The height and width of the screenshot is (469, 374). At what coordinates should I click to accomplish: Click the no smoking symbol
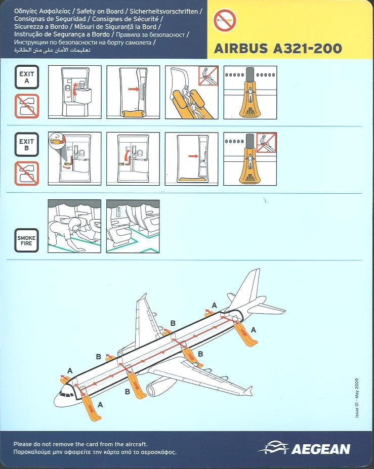(x=225, y=20)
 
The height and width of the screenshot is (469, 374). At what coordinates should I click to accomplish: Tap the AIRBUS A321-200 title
(x=278, y=49)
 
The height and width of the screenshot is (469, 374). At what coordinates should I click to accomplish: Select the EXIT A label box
(x=27, y=77)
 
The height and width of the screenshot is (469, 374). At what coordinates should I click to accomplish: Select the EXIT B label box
(x=27, y=145)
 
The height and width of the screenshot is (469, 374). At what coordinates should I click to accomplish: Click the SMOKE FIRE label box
(x=26, y=240)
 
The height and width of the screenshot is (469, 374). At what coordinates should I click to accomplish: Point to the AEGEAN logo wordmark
(x=320, y=449)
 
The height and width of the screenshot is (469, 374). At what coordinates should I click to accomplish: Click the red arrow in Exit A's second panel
(x=134, y=89)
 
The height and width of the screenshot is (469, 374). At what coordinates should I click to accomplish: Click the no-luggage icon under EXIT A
(x=27, y=106)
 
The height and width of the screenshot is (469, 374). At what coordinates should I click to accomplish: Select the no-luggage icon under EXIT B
(x=27, y=174)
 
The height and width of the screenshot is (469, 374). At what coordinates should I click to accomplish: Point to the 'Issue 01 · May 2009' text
(x=357, y=398)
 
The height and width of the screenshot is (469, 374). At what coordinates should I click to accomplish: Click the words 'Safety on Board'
(x=100, y=11)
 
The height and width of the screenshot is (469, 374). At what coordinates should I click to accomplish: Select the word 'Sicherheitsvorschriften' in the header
(x=163, y=11)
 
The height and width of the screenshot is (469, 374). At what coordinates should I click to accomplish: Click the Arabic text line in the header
(x=52, y=50)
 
